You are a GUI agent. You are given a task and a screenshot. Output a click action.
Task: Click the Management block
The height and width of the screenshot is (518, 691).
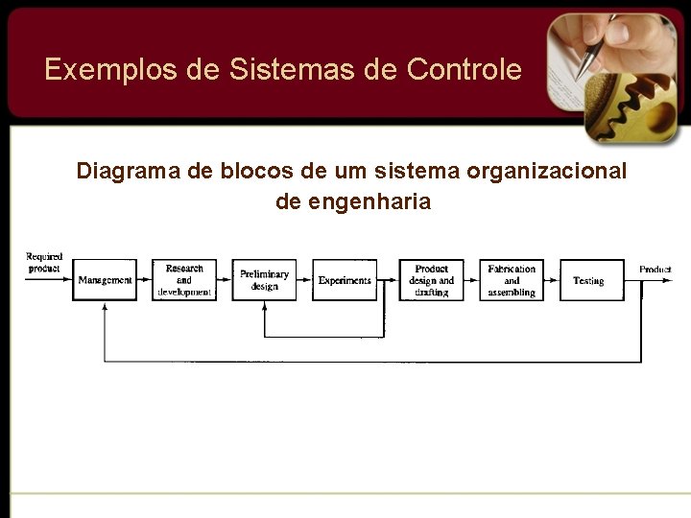[x=105, y=280]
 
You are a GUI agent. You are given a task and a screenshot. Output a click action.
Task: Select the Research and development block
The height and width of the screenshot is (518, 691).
[x=184, y=280]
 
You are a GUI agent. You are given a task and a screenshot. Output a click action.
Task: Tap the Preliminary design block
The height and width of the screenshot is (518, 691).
[x=264, y=280]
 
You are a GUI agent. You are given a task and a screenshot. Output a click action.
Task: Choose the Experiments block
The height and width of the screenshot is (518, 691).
[x=345, y=280]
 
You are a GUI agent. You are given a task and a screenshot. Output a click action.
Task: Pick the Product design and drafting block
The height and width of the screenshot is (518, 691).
[x=432, y=280]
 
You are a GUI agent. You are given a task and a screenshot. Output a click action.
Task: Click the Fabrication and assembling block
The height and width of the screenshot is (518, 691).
[x=512, y=280]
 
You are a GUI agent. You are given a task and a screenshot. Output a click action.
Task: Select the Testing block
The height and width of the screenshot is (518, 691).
[x=588, y=280]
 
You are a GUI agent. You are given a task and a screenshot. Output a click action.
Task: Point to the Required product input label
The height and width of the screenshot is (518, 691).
[x=44, y=262]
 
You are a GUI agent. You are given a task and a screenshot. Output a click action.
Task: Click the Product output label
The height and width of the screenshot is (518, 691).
[x=655, y=270]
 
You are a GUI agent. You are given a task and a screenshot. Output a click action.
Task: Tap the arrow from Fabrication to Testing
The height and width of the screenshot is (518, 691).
[x=550, y=280]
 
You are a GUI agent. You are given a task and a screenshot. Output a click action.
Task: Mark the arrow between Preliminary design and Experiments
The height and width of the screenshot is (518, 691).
[x=304, y=280]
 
